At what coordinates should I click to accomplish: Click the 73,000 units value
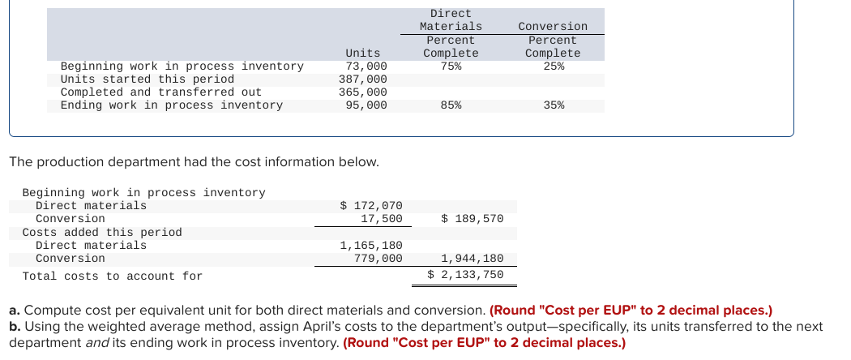click(366, 66)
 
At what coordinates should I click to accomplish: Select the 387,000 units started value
click(363, 79)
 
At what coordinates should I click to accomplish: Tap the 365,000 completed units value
click(363, 92)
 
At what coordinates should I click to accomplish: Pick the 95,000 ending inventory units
click(366, 105)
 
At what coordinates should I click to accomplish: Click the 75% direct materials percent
click(451, 66)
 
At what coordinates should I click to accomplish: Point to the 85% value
click(451, 105)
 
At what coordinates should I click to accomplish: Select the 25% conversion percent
click(553, 66)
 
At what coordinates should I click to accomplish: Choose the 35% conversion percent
click(553, 105)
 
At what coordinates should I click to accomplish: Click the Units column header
click(363, 53)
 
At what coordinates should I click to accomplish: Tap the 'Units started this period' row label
click(148, 79)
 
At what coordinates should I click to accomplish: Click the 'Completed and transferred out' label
click(161, 92)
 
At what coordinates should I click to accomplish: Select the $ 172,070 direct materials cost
click(371, 206)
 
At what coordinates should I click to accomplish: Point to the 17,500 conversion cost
click(382, 219)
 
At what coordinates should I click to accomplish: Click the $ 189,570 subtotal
click(473, 219)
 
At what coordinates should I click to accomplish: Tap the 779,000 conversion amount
click(378, 258)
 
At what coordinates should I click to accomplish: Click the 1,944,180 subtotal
click(473, 258)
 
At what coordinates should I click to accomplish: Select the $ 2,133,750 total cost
click(466, 274)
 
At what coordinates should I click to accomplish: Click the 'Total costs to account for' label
click(113, 276)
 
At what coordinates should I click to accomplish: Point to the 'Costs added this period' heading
click(102, 232)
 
